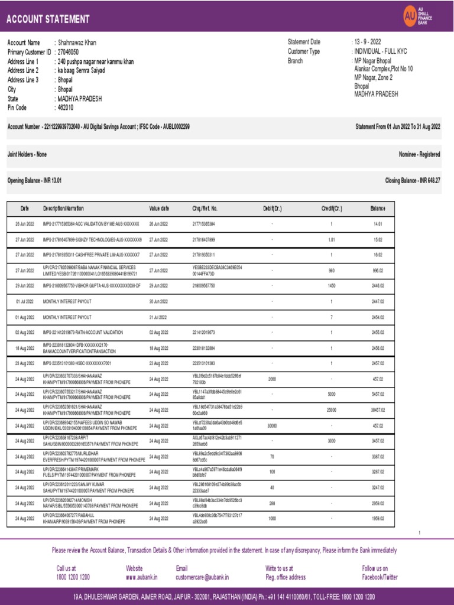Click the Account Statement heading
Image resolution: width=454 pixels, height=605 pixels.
click(x=47, y=19)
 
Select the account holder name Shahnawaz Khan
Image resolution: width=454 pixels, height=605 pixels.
click(x=77, y=43)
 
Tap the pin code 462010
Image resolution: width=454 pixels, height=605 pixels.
click(x=65, y=108)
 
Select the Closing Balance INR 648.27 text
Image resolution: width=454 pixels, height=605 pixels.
click(x=413, y=180)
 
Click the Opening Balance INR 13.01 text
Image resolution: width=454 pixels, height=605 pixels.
click(x=34, y=180)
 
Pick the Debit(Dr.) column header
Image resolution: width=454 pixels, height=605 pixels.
click(x=272, y=209)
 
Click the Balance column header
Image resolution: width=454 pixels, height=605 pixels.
click(x=378, y=209)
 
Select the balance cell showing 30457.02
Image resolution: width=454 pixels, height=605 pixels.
click(x=377, y=410)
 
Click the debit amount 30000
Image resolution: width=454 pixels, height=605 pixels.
click(x=272, y=426)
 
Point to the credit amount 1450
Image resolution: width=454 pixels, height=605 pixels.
click(x=332, y=285)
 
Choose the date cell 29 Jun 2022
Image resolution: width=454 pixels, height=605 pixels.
click(x=24, y=285)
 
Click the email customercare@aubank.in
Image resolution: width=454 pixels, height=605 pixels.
click(x=202, y=577)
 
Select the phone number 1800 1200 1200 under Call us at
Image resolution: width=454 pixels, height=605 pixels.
click(x=73, y=577)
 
